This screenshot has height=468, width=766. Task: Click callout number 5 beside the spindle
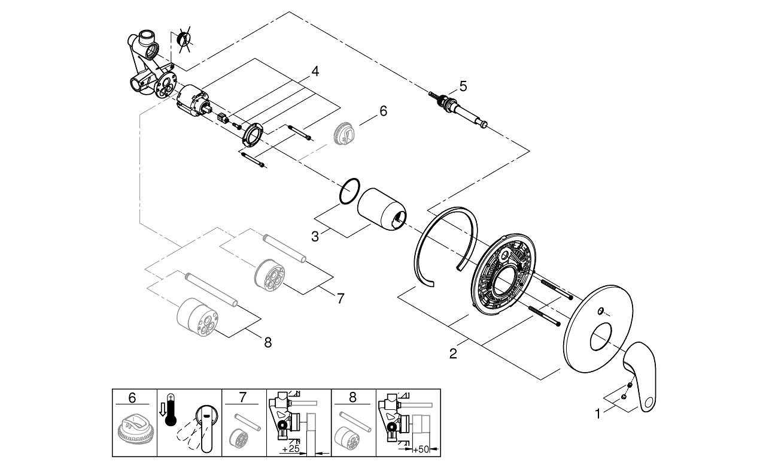click(x=463, y=86)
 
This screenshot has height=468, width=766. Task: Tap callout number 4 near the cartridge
click(x=315, y=71)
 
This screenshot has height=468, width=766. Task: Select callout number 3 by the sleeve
click(x=315, y=237)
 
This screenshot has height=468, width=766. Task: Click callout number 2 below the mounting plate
click(x=453, y=354)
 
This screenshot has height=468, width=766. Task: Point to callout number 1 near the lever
click(x=598, y=414)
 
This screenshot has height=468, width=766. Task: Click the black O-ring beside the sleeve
click(x=349, y=191)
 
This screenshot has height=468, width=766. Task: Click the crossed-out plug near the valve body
click(x=183, y=40)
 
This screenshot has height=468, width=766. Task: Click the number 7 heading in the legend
click(x=242, y=397)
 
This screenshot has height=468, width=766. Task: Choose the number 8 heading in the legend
click(x=353, y=397)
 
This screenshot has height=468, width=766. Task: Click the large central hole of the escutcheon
click(x=601, y=337)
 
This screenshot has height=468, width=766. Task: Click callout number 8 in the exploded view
click(x=268, y=342)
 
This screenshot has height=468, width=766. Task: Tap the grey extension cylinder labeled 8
click(x=197, y=316)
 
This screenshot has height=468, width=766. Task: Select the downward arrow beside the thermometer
click(x=162, y=409)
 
